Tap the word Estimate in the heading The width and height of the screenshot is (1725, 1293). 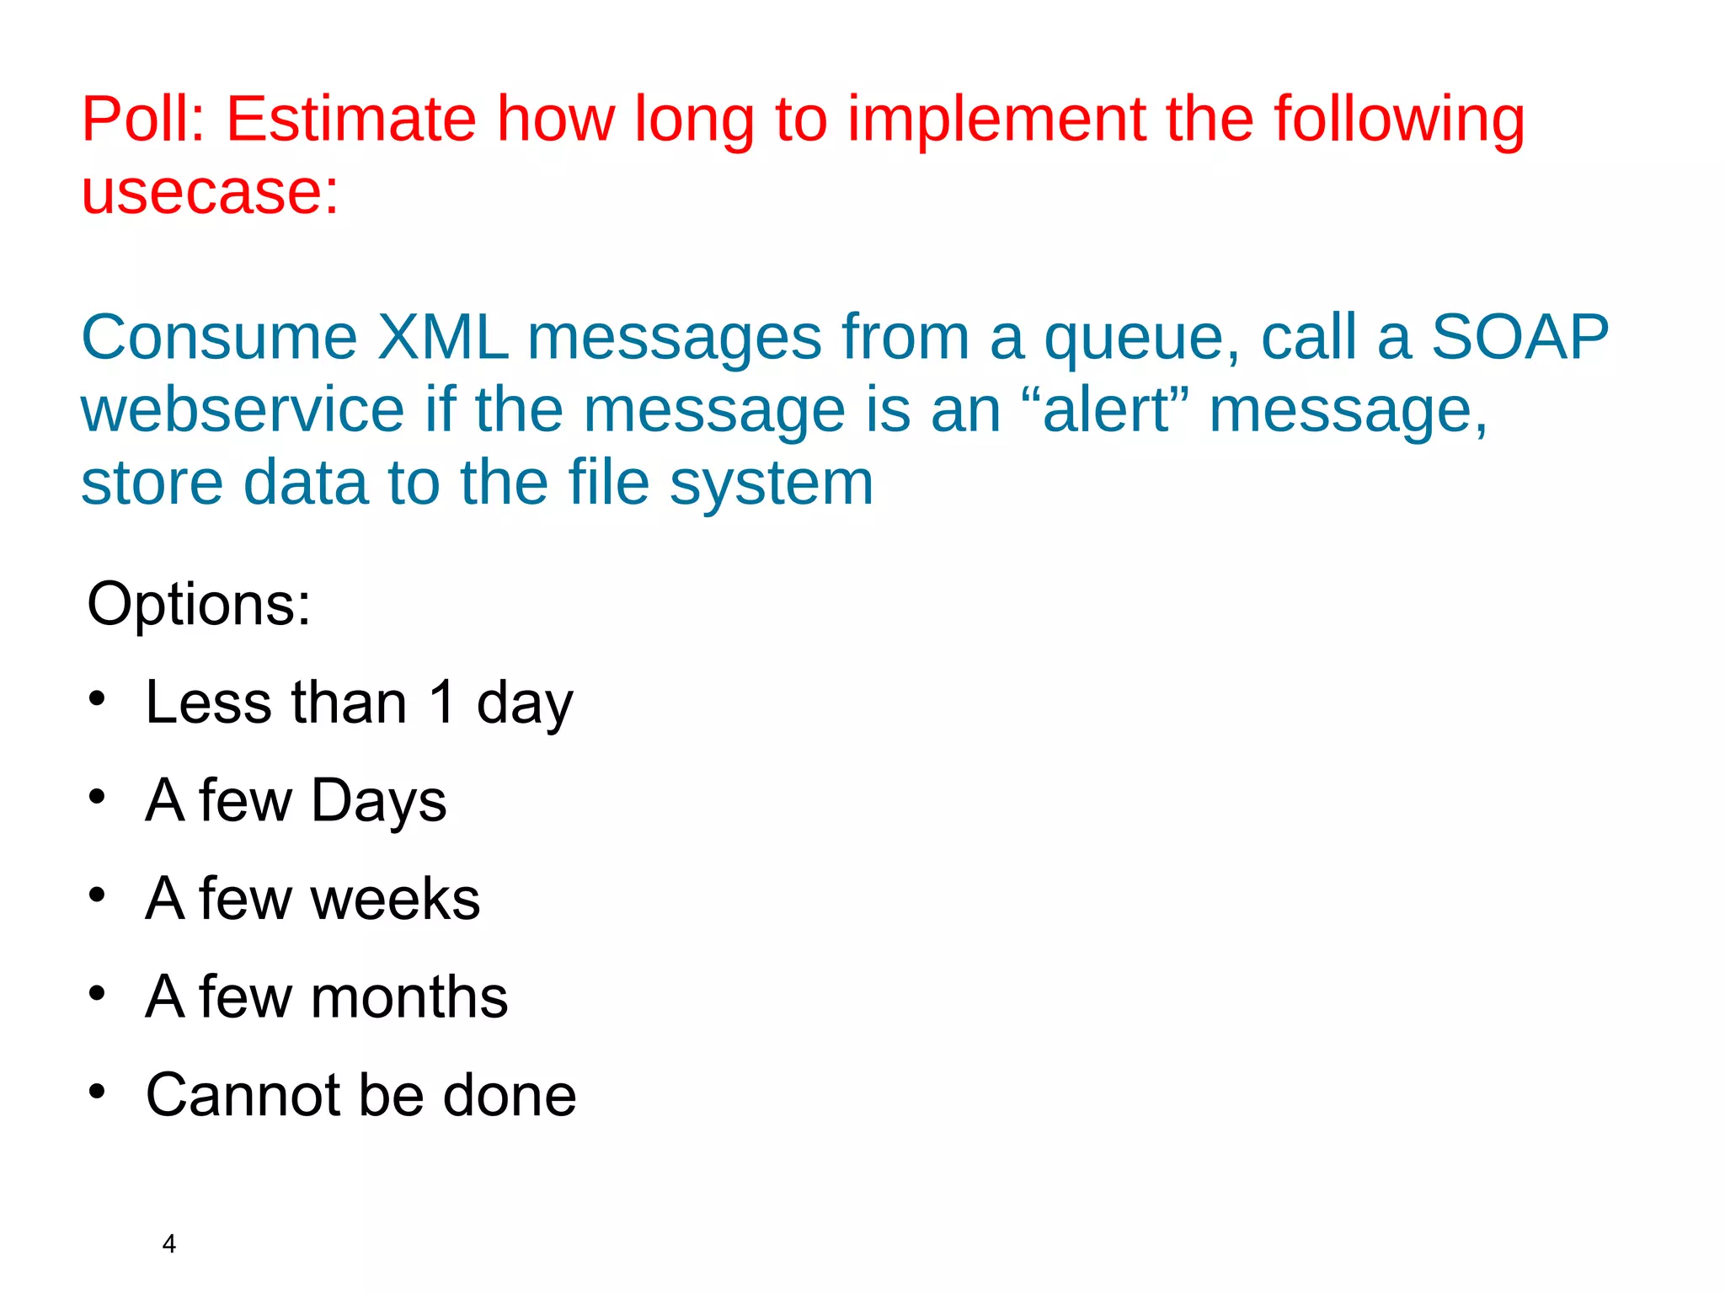(351, 120)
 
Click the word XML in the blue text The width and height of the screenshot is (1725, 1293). (442, 338)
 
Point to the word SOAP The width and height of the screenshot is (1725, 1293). (1519, 338)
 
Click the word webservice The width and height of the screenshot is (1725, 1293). (243, 410)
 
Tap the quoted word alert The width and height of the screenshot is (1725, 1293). (1106, 410)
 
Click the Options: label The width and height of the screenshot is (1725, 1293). (199, 605)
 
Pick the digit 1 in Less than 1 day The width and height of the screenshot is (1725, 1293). (442, 703)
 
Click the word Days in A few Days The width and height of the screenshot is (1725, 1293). (378, 800)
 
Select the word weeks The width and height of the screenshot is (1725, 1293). (395, 899)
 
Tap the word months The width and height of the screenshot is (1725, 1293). (409, 997)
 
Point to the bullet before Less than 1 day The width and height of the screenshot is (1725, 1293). (98, 698)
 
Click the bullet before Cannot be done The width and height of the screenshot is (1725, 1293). (98, 1092)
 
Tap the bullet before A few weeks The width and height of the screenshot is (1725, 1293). (98, 895)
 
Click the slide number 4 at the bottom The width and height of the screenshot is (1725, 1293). (169, 1244)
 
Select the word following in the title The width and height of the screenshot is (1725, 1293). (1398, 120)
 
